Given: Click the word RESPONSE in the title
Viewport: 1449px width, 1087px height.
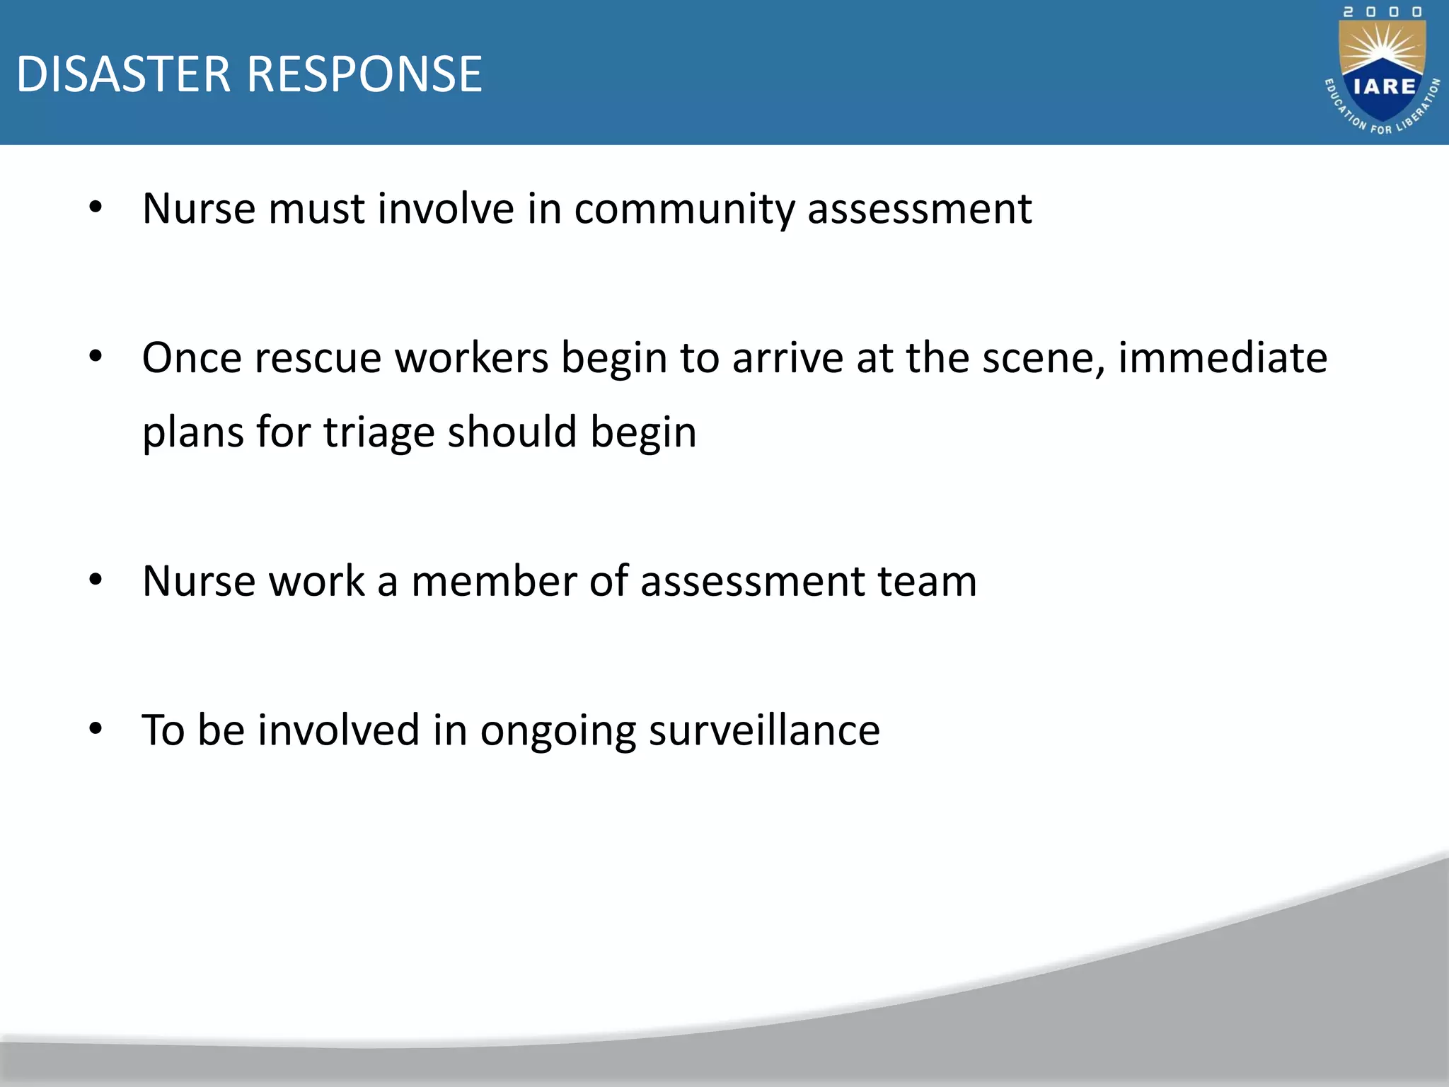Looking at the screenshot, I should coord(364,74).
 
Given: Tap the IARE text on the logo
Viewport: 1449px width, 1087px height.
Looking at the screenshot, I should coord(1384,86).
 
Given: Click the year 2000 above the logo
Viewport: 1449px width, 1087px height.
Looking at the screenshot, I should coord(1382,12).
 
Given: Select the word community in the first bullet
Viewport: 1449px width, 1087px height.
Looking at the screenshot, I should coord(684,209).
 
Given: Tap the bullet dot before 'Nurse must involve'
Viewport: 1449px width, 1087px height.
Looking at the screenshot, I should coord(96,208).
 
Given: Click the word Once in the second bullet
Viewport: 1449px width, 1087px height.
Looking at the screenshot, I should coord(192,357).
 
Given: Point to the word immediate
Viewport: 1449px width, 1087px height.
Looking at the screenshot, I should coord(1222,357).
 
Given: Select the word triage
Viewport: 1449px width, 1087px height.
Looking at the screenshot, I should coord(379,433).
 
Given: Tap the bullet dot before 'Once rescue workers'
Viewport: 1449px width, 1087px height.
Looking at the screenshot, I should coord(96,357).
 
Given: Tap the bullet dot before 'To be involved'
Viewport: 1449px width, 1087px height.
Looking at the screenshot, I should coord(96,729).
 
